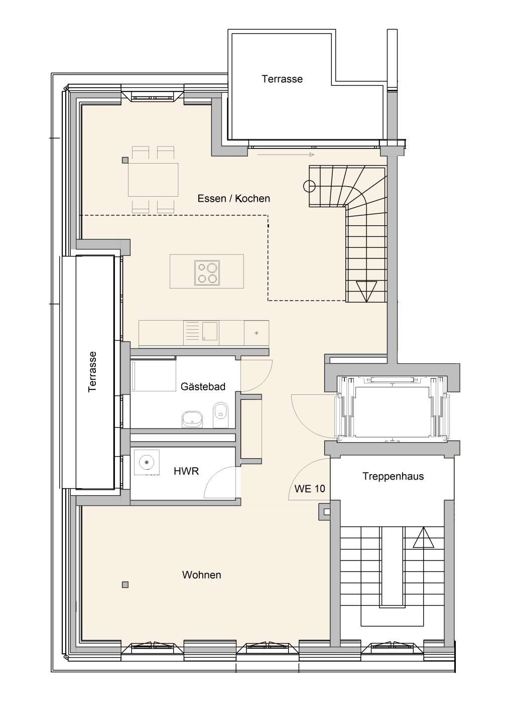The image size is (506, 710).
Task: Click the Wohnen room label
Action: tap(202, 575)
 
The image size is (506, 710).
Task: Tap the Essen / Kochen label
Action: tap(233, 198)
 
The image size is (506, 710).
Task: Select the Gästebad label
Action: tap(203, 386)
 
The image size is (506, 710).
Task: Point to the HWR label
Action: tap(186, 471)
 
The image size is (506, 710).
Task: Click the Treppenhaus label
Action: tap(393, 476)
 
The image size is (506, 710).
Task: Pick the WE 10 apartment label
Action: tap(310, 489)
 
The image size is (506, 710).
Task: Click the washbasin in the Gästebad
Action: tap(192, 419)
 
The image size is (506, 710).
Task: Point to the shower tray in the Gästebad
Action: tap(154, 373)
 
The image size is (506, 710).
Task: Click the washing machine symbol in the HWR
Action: tap(147, 463)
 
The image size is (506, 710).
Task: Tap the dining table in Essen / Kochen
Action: tap(153, 180)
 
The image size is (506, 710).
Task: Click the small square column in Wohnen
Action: tap(125, 585)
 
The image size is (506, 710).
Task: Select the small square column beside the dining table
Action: tap(125, 161)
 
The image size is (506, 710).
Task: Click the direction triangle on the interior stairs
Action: tap(366, 291)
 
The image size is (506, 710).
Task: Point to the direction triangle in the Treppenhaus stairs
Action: tap(423, 537)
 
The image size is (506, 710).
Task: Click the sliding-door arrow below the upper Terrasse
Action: tap(286, 155)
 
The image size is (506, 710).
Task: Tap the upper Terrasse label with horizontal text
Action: tap(282, 79)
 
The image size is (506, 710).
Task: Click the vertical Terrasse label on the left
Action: tap(92, 372)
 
